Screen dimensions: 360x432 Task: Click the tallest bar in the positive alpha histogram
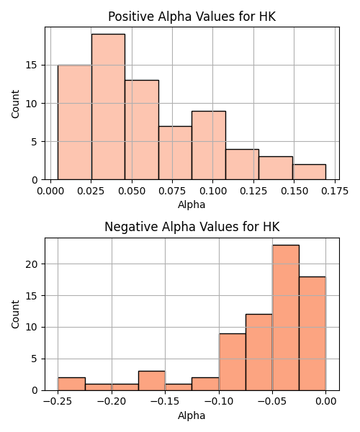[108, 107]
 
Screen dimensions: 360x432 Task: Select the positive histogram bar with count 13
[142, 130]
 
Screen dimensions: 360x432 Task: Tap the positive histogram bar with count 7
[175, 153]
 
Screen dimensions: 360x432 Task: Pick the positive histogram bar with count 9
[209, 145]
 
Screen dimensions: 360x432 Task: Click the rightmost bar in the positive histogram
[310, 172]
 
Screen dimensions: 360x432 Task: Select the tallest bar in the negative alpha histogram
[286, 318]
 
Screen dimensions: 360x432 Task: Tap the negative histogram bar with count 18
[312, 333]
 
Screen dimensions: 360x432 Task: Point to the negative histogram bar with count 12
[259, 352]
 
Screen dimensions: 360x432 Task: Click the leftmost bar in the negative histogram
[71, 384]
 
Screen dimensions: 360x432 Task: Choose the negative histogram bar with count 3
[152, 381]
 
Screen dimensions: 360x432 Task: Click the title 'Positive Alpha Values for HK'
[192, 17]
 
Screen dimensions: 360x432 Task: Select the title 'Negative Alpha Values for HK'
[192, 227]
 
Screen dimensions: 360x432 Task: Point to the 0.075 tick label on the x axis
[172, 191]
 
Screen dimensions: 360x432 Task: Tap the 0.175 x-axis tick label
[335, 191]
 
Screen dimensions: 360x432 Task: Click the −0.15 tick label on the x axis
[165, 402]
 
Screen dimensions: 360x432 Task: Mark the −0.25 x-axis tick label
[58, 402]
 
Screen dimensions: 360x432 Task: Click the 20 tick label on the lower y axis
[32, 264]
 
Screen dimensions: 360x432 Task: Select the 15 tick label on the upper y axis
[32, 66]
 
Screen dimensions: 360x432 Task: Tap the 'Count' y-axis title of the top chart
[15, 104]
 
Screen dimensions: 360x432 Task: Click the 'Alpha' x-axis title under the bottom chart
[192, 415]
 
